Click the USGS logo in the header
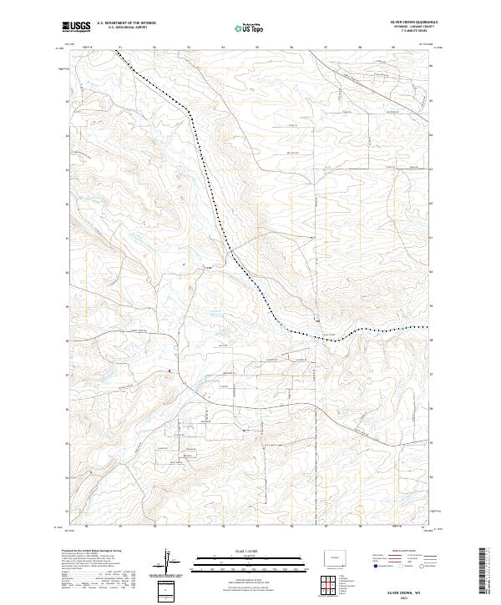77,27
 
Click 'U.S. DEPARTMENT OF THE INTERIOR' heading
126,23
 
